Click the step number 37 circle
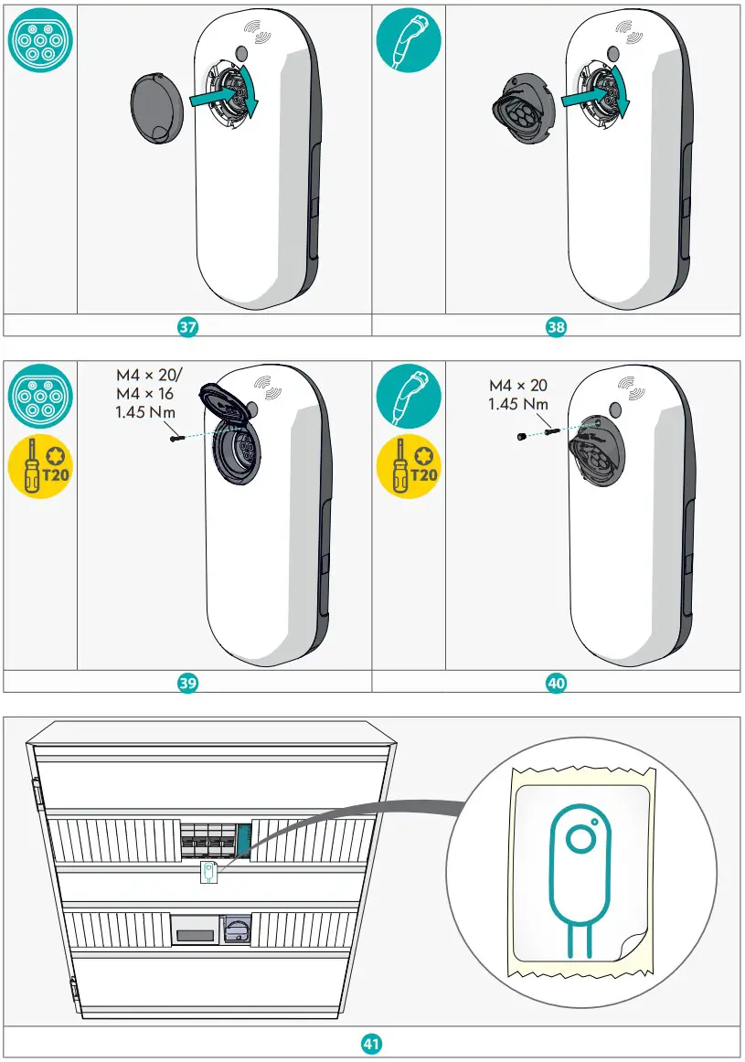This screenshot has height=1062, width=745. point(188,326)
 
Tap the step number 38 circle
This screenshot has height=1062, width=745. point(557,326)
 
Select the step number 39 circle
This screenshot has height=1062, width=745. point(188,682)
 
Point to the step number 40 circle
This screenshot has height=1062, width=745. point(557,682)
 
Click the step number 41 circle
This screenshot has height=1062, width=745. point(372,1042)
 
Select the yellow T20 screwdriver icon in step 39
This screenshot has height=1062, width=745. point(38,467)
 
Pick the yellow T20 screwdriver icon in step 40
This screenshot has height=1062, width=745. point(408,467)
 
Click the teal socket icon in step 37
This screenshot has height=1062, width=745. point(38,40)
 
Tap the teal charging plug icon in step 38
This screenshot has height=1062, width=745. point(408,40)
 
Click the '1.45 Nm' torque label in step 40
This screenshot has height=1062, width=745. point(518,403)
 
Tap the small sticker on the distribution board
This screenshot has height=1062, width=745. point(208,872)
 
